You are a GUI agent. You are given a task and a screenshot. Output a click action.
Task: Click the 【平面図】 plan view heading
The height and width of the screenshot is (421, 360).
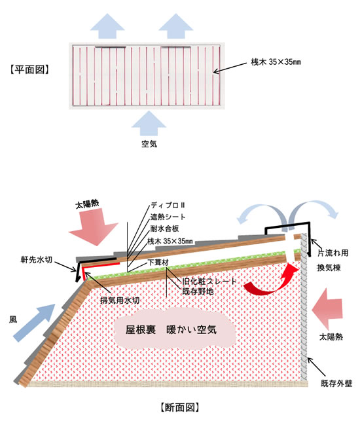tap(30, 70)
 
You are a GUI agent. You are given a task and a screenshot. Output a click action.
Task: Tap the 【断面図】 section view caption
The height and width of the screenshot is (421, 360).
tap(180, 407)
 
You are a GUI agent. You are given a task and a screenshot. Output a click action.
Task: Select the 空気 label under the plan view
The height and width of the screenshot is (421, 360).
tap(149, 144)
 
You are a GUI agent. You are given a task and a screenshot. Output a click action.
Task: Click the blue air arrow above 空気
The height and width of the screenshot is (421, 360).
tap(149, 124)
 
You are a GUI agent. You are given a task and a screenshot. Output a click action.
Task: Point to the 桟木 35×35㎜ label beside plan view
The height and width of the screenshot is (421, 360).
tap(276, 62)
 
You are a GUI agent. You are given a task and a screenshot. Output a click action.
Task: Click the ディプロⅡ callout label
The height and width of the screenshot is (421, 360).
tap(168, 206)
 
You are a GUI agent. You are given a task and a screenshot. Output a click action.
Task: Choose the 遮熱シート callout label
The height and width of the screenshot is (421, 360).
tap(168, 217)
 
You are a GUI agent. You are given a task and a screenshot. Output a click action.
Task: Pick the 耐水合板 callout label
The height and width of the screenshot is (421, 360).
tap(164, 229)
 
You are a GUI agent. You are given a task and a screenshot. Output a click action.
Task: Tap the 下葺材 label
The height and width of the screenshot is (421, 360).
tap(158, 263)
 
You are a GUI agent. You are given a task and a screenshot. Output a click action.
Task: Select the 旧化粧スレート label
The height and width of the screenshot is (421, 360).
tap(209, 282)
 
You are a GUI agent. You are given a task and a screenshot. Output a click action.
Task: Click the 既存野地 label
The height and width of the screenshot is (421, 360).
tap(198, 291)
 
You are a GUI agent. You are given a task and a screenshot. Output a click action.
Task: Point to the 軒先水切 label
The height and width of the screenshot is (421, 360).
tap(37, 260)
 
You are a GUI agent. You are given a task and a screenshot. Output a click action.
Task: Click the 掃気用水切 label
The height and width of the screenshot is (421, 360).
tap(120, 300)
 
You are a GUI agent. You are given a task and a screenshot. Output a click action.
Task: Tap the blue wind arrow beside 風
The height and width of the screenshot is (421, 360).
tap(34, 323)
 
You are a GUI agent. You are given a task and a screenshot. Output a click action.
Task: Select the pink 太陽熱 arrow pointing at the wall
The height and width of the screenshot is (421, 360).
tap(327, 309)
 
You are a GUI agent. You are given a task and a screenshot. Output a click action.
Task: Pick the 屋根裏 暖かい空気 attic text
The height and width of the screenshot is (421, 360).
tap(171, 330)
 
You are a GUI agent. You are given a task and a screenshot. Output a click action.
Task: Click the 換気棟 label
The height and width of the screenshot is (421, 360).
tap(329, 268)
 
